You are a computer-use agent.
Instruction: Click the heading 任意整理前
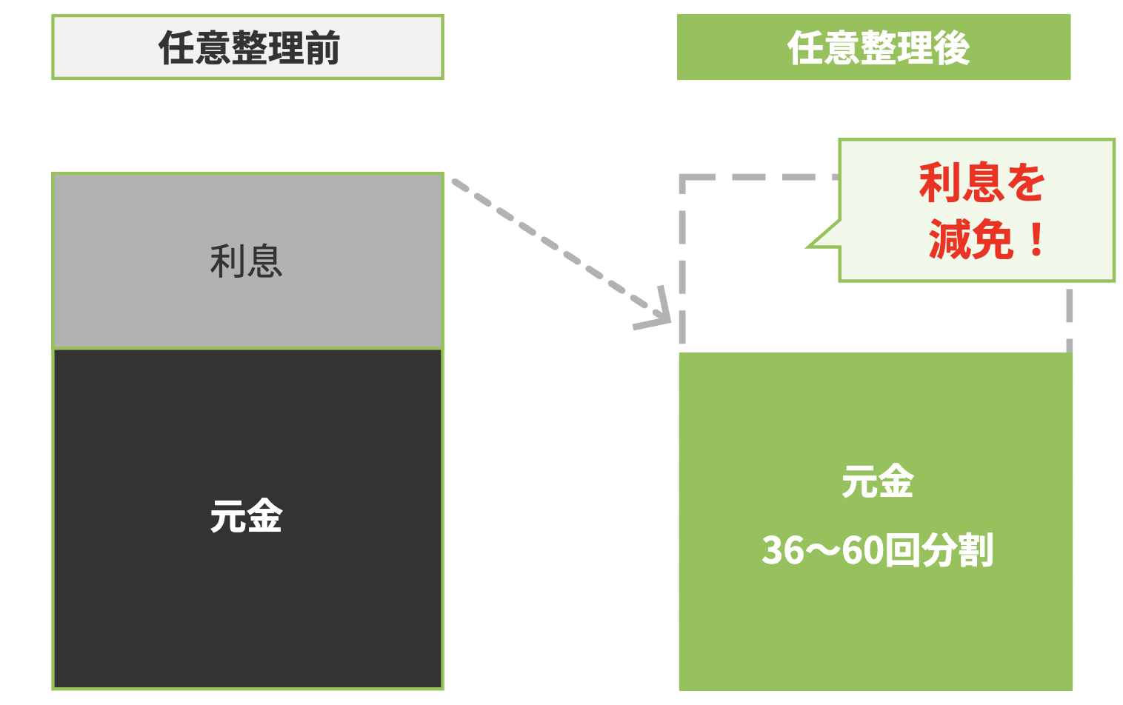pyautogui.click(x=248, y=48)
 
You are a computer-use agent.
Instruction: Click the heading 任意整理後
pyautogui.click(x=879, y=48)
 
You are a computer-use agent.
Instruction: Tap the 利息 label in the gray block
pyautogui.click(x=246, y=261)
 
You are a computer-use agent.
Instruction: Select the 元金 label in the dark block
pyautogui.click(x=246, y=516)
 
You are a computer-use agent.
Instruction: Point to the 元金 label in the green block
pyautogui.click(x=877, y=481)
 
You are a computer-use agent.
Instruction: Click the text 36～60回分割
pyautogui.click(x=877, y=550)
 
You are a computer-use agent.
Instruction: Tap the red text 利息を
pyautogui.click(x=982, y=183)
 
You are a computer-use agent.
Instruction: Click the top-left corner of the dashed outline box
pyautogui.click(x=683, y=178)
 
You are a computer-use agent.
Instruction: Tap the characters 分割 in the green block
pyautogui.click(x=956, y=550)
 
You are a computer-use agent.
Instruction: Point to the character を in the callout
pyautogui.click(x=1024, y=183)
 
